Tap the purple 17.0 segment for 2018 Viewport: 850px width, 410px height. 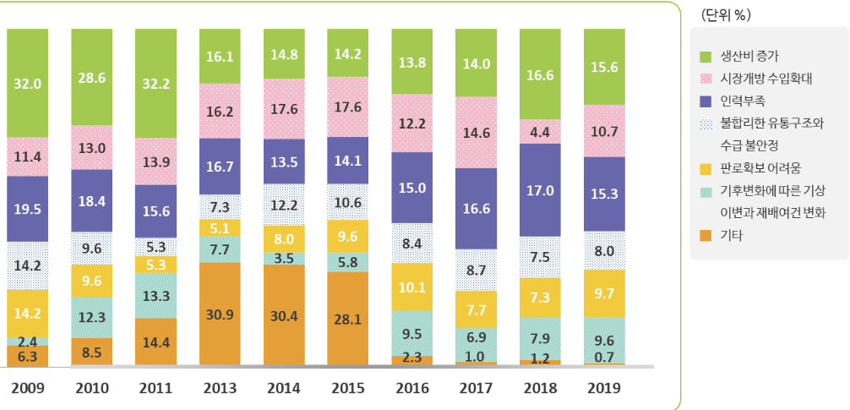click(539, 190)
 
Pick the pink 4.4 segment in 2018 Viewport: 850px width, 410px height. click(539, 132)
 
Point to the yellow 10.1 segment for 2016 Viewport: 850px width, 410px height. click(412, 287)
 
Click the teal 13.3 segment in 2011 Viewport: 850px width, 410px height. click(155, 295)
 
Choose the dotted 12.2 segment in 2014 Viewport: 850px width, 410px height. click(284, 205)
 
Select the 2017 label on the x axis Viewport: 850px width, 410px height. click(475, 389)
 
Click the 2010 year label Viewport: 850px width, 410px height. click(91, 389)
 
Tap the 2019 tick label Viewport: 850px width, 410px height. click(603, 389)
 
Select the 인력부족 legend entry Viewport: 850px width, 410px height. click(742, 101)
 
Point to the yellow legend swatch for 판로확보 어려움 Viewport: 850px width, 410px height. click(706, 167)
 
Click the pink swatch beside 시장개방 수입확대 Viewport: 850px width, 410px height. click(706, 79)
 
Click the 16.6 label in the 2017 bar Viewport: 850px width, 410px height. click(475, 208)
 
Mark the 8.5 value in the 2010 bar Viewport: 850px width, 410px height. click(91, 351)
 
